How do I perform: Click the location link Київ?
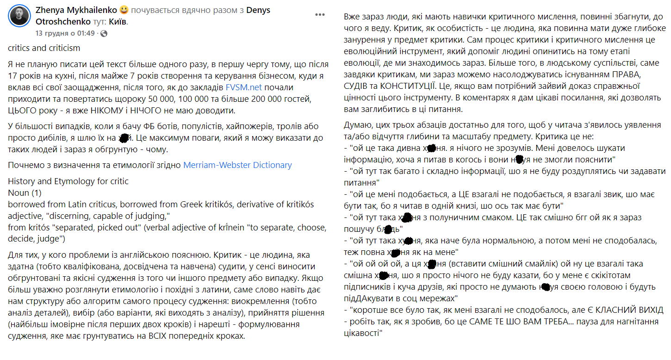(x=118, y=21)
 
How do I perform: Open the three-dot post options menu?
(x=320, y=15)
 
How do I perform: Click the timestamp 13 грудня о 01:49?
(x=65, y=33)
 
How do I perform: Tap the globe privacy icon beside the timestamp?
(x=104, y=33)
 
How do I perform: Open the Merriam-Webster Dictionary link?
(x=237, y=165)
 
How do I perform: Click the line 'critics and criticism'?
(x=44, y=48)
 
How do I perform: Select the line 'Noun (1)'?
(x=25, y=192)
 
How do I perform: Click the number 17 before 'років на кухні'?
(x=13, y=75)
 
